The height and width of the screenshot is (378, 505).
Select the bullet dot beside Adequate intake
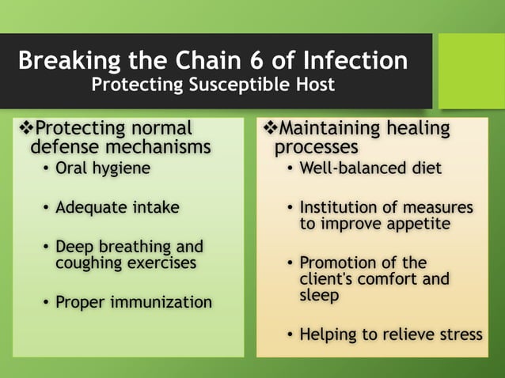pyautogui.click(x=46, y=208)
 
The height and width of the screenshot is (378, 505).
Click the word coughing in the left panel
pyautogui.click(x=86, y=263)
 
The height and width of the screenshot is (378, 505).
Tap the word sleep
pyautogui.click(x=319, y=296)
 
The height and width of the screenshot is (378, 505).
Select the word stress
pyautogui.click(x=459, y=335)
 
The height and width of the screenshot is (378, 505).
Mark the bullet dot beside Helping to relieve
pyautogui.click(x=290, y=335)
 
